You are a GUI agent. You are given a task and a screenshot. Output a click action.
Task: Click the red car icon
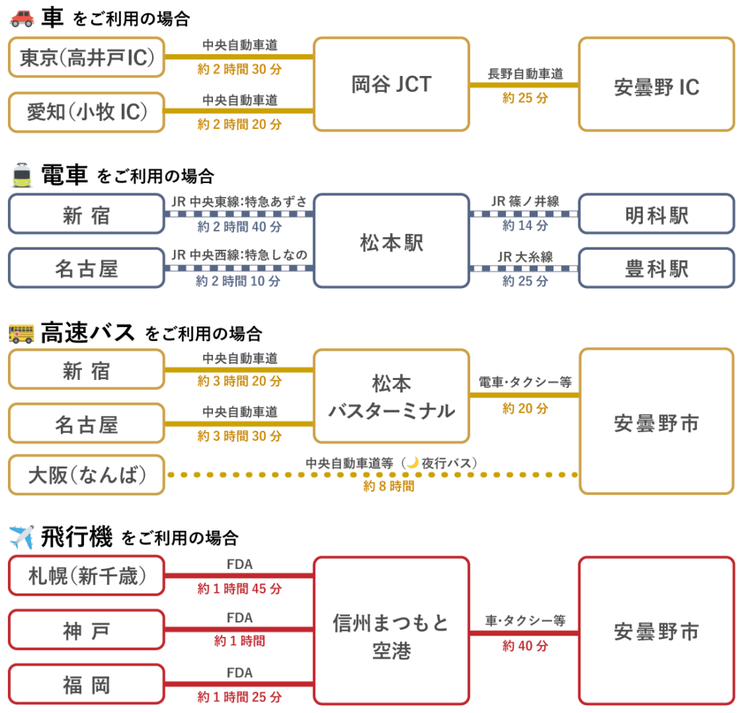[x=22, y=18]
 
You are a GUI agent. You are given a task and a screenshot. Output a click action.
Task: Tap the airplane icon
[x=22, y=537]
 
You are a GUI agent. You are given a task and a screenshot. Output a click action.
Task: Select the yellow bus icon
[x=22, y=333]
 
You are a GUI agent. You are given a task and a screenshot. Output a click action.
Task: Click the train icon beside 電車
[x=22, y=175]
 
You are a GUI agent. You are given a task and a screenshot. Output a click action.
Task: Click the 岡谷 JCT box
[x=391, y=85]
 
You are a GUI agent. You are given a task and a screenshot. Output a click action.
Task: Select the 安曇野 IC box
[x=656, y=85]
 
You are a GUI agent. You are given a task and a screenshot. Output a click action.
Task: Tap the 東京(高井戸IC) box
[x=87, y=57]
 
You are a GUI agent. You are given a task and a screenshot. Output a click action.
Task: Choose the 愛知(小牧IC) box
[x=87, y=112]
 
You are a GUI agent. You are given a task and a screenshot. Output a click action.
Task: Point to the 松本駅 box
[x=391, y=242]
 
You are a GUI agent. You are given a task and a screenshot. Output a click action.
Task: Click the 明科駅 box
[x=656, y=214]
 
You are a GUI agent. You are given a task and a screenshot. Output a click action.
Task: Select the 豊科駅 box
[x=656, y=269]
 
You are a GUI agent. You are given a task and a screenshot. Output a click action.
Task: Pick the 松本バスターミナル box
[x=391, y=396]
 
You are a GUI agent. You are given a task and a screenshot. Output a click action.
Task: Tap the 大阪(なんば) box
[x=87, y=475]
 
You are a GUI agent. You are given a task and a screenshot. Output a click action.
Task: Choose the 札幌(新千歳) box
[x=87, y=576]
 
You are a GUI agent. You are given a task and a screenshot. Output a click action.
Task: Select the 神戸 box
[x=87, y=630]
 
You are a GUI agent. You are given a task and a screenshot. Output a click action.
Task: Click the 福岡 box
[x=87, y=685]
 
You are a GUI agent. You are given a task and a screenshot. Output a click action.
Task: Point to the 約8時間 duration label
[x=389, y=486]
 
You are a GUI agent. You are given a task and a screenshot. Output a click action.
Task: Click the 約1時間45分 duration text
[x=240, y=588]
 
